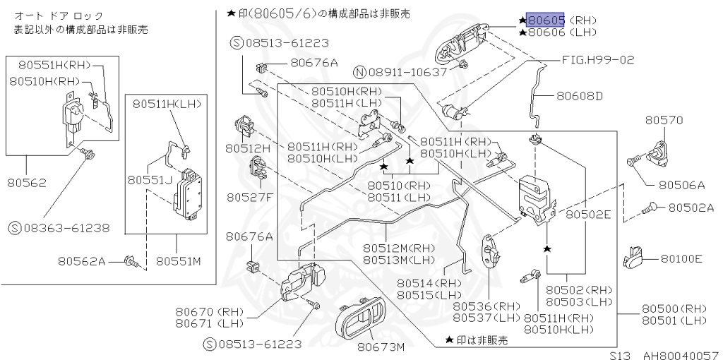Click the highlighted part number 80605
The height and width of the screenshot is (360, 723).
coord(546,20)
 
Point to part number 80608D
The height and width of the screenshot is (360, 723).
coord(580,95)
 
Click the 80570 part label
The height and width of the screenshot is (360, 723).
coord(664,121)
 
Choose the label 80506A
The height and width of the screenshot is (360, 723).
coord(681,185)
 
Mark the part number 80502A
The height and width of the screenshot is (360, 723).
coord(691,208)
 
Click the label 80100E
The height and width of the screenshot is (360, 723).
coord(681,259)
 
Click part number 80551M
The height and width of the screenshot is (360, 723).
coord(179,261)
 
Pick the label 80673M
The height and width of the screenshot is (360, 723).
coord(381,347)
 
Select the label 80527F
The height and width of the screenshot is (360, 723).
coord(249,197)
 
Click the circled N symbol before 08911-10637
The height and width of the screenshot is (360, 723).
coord(359,72)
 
